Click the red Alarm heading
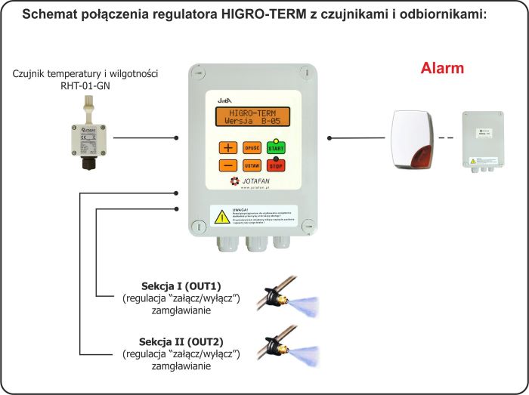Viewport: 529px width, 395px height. click(x=442, y=68)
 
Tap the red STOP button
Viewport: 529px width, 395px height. click(x=277, y=165)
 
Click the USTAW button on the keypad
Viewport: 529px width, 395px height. click(x=252, y=165)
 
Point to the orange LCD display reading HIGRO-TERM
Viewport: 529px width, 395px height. click(x=252, y=117)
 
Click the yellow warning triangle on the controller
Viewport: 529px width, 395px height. click(x=221, y=217)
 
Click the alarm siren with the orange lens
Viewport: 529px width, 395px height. click(x=414, y=137)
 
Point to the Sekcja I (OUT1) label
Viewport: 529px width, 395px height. click(x=181, y=286)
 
